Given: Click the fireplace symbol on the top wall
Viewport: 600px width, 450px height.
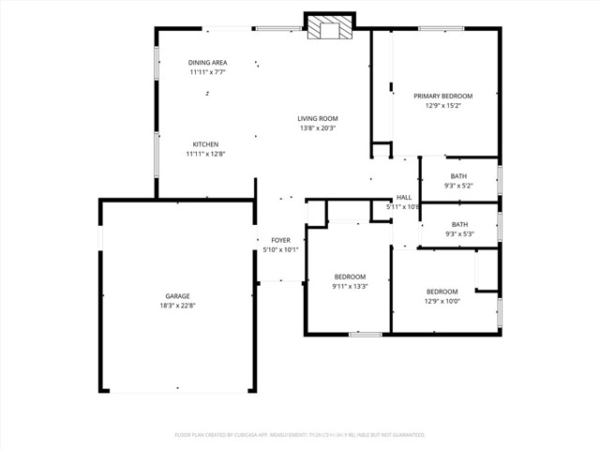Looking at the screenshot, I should [330, 27].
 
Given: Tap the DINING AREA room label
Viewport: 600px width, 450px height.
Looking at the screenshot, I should [207, 63].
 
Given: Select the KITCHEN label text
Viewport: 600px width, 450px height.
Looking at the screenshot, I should [206, 144].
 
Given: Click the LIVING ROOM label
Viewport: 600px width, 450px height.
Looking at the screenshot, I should [318, 118].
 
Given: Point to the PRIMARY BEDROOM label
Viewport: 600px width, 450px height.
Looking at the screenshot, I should [443, 96].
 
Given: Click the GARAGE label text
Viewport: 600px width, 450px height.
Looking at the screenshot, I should [177, 296].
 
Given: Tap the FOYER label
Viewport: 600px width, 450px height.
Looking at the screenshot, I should [280, 241].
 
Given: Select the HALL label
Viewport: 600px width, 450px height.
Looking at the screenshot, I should [404, 197].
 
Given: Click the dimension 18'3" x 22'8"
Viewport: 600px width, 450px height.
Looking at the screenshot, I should [177, 306].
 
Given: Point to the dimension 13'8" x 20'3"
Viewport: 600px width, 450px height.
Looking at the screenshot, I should [318, 127].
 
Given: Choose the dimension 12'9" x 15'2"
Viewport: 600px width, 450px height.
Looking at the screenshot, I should [443, 105].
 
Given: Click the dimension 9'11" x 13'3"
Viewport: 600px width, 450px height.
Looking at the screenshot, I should [350, 286].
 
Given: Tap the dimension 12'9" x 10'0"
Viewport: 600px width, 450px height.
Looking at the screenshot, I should [442, 301].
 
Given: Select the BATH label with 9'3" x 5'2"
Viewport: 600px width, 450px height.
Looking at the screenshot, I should [458, 176].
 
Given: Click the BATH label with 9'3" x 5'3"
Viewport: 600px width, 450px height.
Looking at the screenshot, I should [459, 224].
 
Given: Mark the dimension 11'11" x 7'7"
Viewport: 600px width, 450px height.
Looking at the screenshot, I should [207, 72].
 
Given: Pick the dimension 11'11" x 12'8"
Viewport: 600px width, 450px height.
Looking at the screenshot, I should [206, 154].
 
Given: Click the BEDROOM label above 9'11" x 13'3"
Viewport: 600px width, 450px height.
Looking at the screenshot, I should [350, 277].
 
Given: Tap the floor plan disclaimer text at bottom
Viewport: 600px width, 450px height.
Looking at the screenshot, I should [300, 435].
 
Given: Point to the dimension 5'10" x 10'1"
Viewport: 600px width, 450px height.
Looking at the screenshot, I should [280, 250].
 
